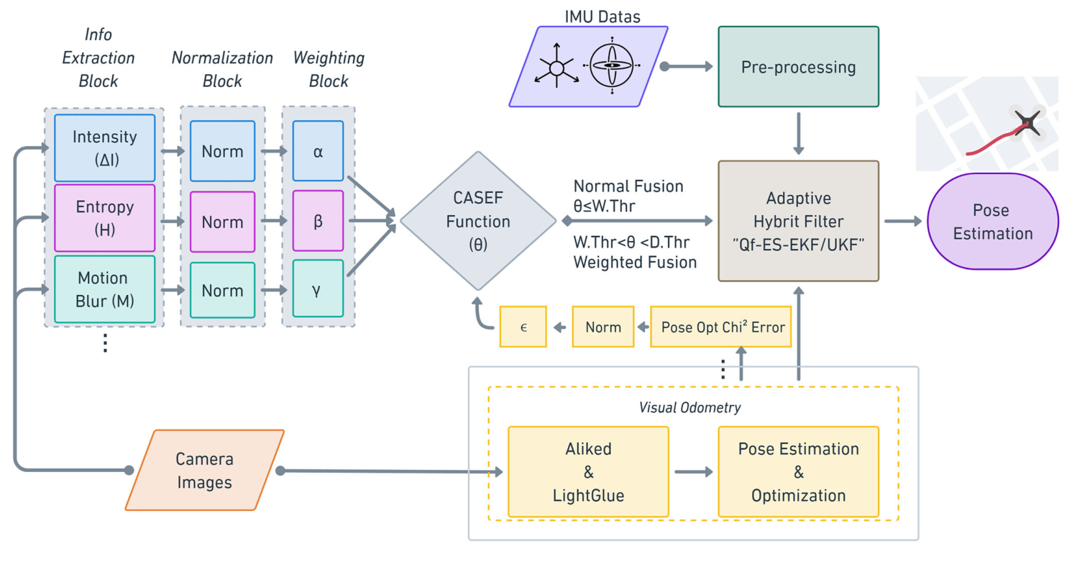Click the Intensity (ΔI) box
104,148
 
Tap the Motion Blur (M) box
104,289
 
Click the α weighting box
318,150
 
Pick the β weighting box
318,221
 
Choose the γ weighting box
318,290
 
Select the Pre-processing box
798,68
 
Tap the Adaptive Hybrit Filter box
798,221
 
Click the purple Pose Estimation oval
993,222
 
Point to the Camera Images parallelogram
205,470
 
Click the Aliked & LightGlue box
588,471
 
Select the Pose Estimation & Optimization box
798,471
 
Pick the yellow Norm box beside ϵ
602,327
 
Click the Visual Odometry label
689,407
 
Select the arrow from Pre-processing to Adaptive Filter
798,134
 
